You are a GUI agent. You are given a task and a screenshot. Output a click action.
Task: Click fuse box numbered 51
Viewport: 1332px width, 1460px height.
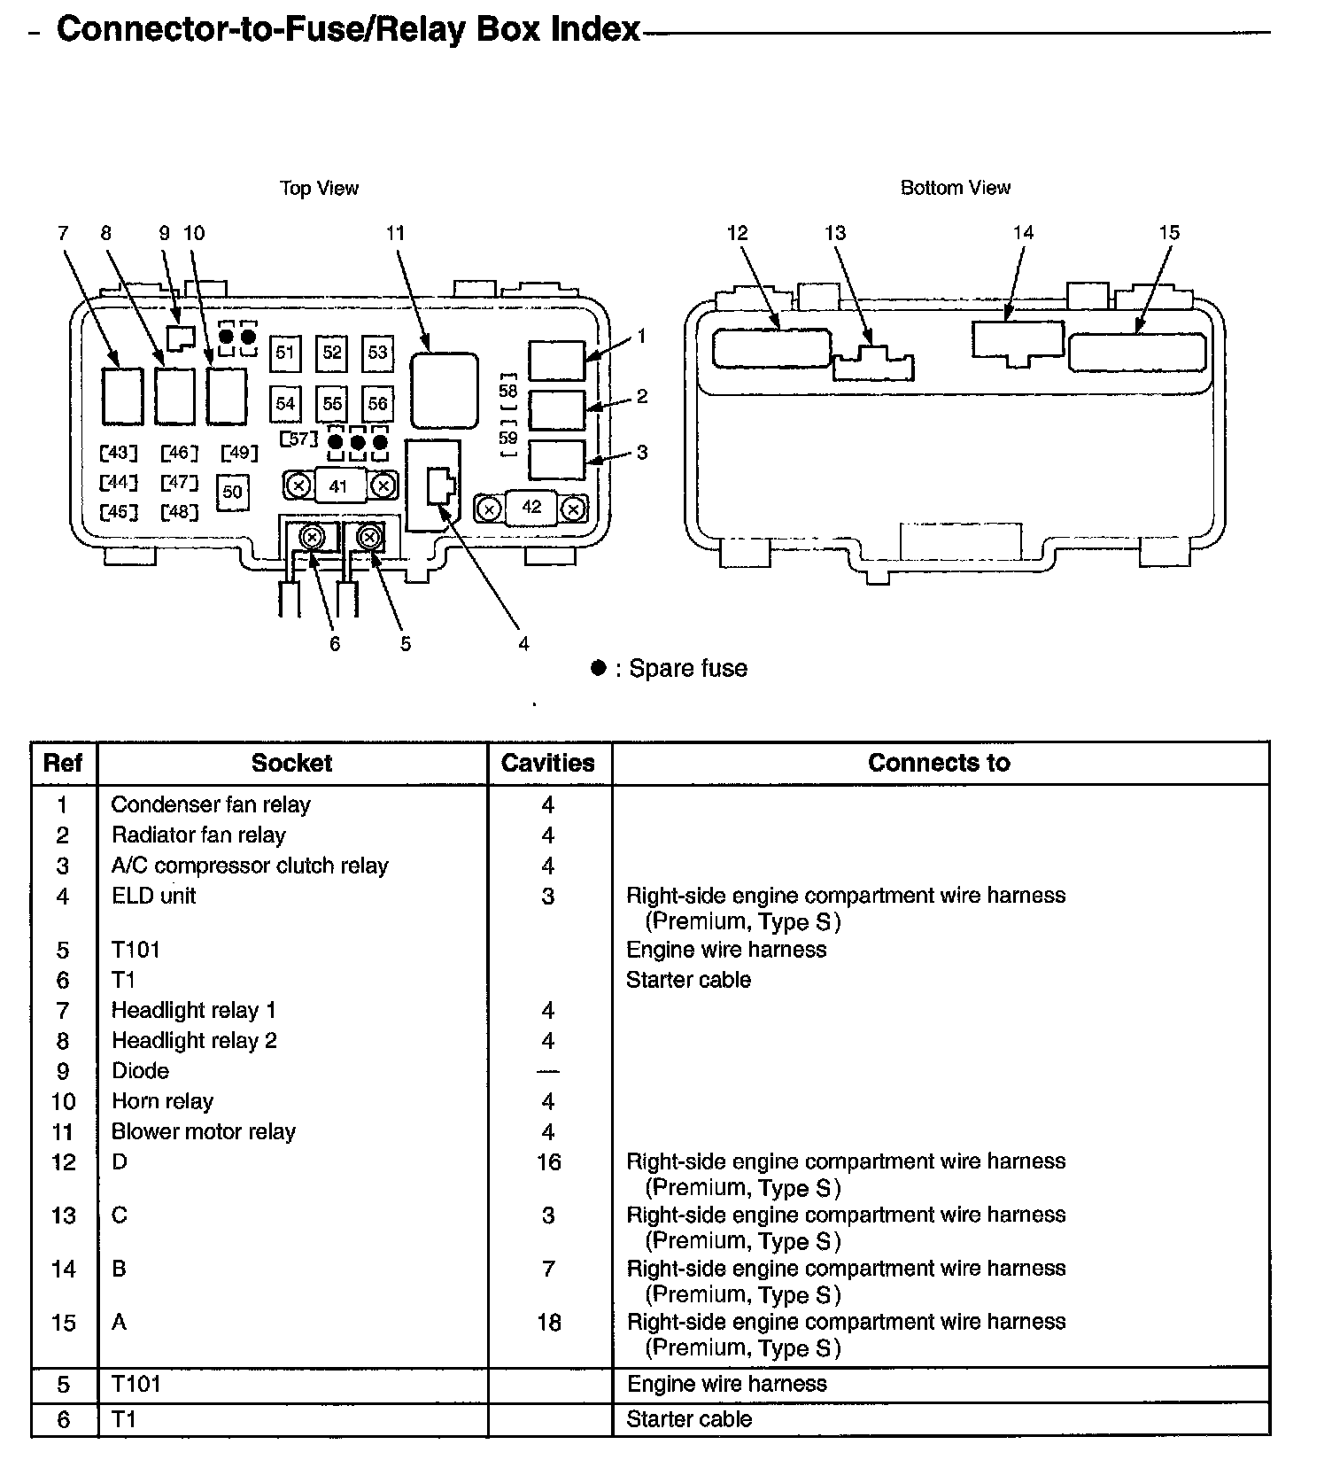284,353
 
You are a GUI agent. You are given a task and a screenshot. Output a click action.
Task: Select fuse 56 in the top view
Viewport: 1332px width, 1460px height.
378,404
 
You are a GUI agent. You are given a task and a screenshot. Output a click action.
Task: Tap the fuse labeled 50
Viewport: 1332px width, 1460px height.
232,491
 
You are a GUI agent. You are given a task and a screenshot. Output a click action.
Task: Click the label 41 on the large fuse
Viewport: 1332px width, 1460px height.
338,486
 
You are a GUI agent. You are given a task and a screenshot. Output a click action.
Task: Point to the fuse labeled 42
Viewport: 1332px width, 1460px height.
531,508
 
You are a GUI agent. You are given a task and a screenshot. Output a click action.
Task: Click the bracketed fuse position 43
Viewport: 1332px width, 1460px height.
119,454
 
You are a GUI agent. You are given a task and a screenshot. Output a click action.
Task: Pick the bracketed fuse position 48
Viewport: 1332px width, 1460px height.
179,512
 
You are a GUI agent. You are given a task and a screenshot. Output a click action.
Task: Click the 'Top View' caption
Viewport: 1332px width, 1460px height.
319,188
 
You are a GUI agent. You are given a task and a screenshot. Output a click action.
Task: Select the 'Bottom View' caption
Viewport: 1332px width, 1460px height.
955,188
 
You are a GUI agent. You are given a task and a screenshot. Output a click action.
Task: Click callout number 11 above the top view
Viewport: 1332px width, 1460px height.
395,233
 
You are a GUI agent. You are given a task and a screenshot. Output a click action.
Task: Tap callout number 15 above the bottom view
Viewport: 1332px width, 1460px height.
1169,233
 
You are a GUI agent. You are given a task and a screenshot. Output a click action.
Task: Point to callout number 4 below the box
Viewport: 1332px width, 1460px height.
523,644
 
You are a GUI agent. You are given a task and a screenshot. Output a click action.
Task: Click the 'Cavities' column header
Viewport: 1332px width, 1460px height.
548,763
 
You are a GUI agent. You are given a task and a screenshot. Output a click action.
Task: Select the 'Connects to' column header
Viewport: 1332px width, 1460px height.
939,763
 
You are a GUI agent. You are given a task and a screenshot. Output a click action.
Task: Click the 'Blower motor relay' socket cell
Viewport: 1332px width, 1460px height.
203,1131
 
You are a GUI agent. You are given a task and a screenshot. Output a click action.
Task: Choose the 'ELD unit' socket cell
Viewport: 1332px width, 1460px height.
153,896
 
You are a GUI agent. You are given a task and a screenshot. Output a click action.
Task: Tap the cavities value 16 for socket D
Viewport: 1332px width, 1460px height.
548,1161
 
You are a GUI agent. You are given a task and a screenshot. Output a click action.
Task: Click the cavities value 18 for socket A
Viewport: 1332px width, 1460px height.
548,1322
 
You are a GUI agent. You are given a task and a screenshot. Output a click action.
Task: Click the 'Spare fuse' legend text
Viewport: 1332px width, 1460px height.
687,668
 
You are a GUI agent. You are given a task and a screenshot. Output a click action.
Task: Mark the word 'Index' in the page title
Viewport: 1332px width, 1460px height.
594,29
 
